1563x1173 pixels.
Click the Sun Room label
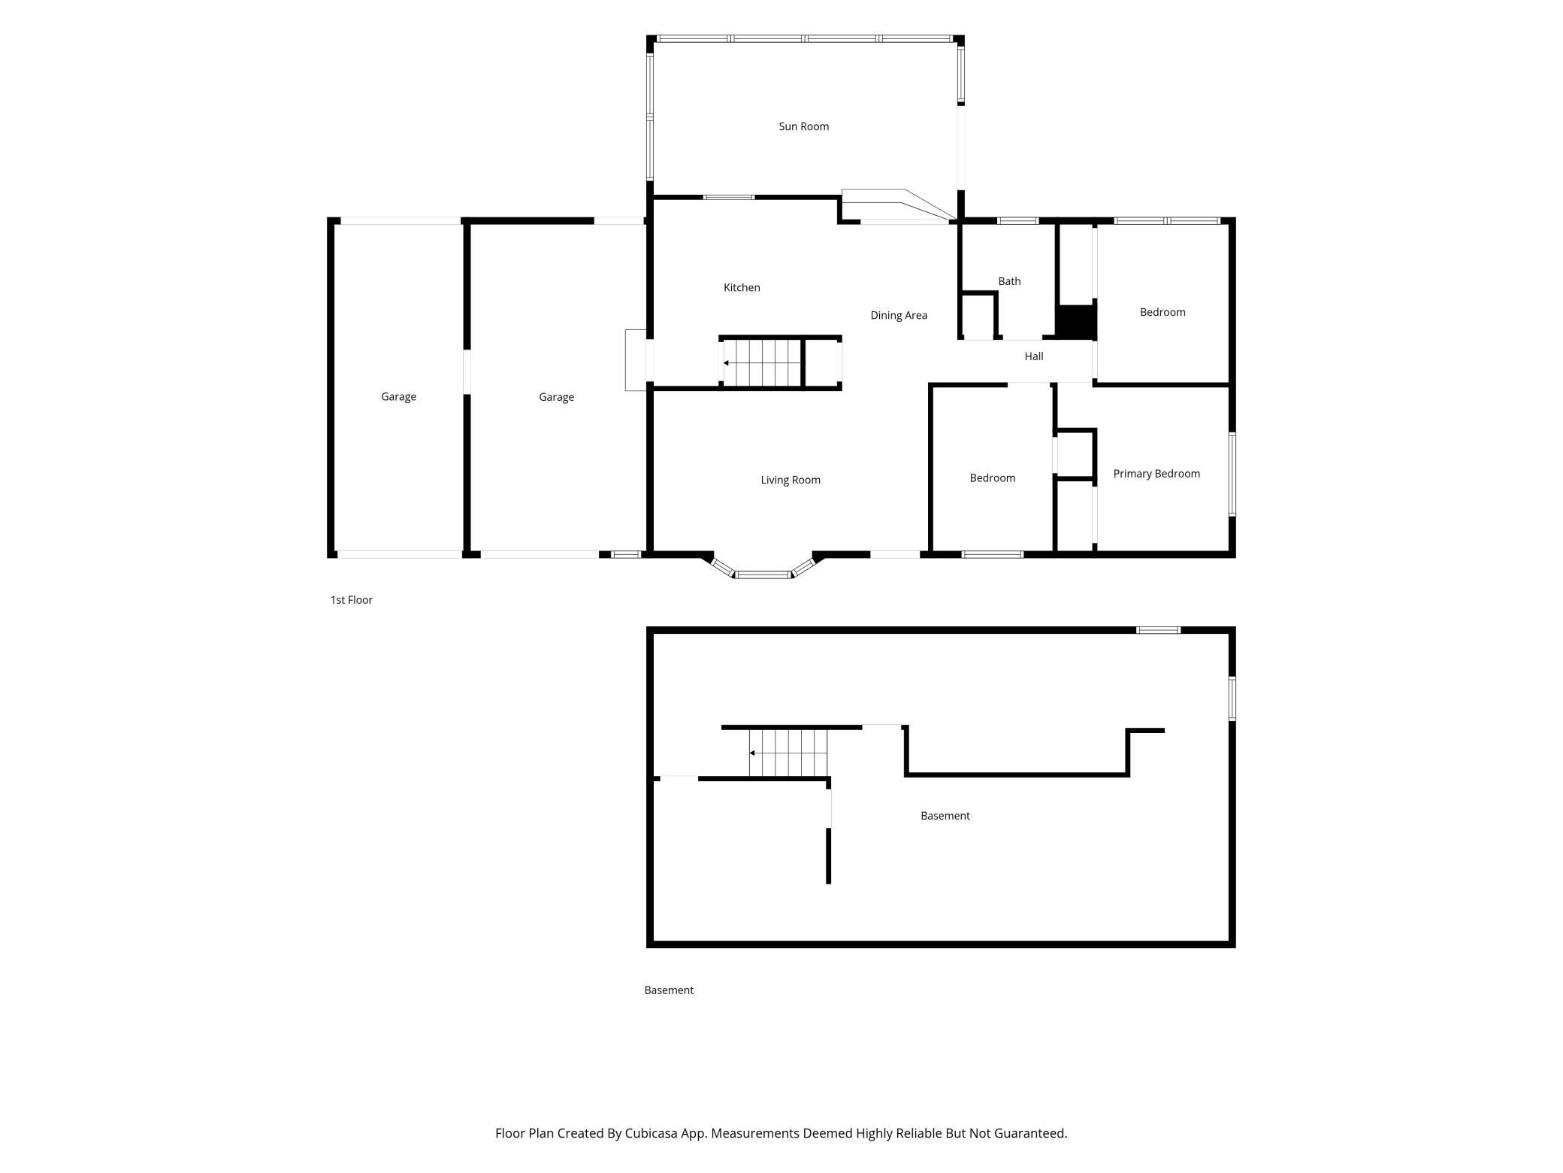(x=803, y=126)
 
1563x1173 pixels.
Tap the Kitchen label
(x=742, y=287)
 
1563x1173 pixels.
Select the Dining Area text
(x=899, y=315)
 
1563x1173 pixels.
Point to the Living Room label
(x=791, y=480)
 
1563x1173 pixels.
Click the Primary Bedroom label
(x=1156, y=474)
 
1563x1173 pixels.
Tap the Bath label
(x=1009, y=281)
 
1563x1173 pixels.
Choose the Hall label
(x=1034, y=356)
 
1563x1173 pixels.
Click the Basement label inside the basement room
(x=945, y=816)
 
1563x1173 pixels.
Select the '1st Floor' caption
(x=352, y=600)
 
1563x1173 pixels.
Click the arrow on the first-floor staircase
(x=763, y=363)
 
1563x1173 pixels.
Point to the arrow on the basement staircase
(x=788, y=753)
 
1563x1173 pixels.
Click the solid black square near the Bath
(x=1076, y=322)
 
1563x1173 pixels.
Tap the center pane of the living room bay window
(x=763, y=575)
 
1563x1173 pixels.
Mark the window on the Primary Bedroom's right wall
(x=1232, y=474)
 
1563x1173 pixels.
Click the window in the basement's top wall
(x=1158, y=630)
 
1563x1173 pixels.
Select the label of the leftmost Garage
(x=398, y=396)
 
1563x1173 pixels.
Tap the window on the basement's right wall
(x=1232, y=699)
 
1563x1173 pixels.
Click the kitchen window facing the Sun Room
(x=729, y=197)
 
